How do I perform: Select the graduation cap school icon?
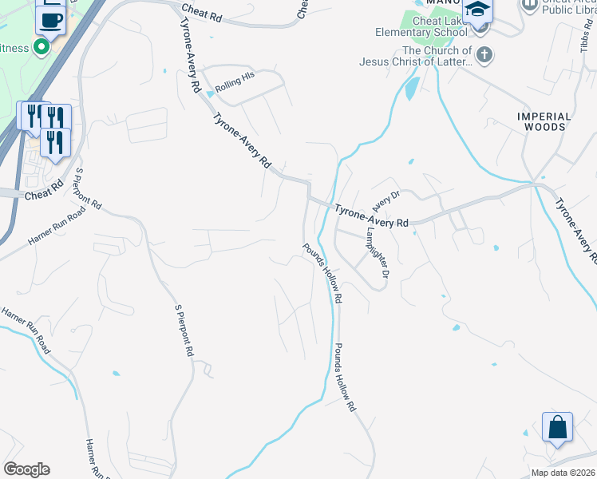(477, 11)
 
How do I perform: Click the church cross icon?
(484, 56)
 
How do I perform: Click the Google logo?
(26, 469)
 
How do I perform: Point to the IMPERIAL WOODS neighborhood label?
(544, 121)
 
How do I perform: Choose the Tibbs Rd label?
(585, 36)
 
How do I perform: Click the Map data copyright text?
(563, 473)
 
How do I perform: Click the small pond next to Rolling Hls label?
(210, 93)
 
